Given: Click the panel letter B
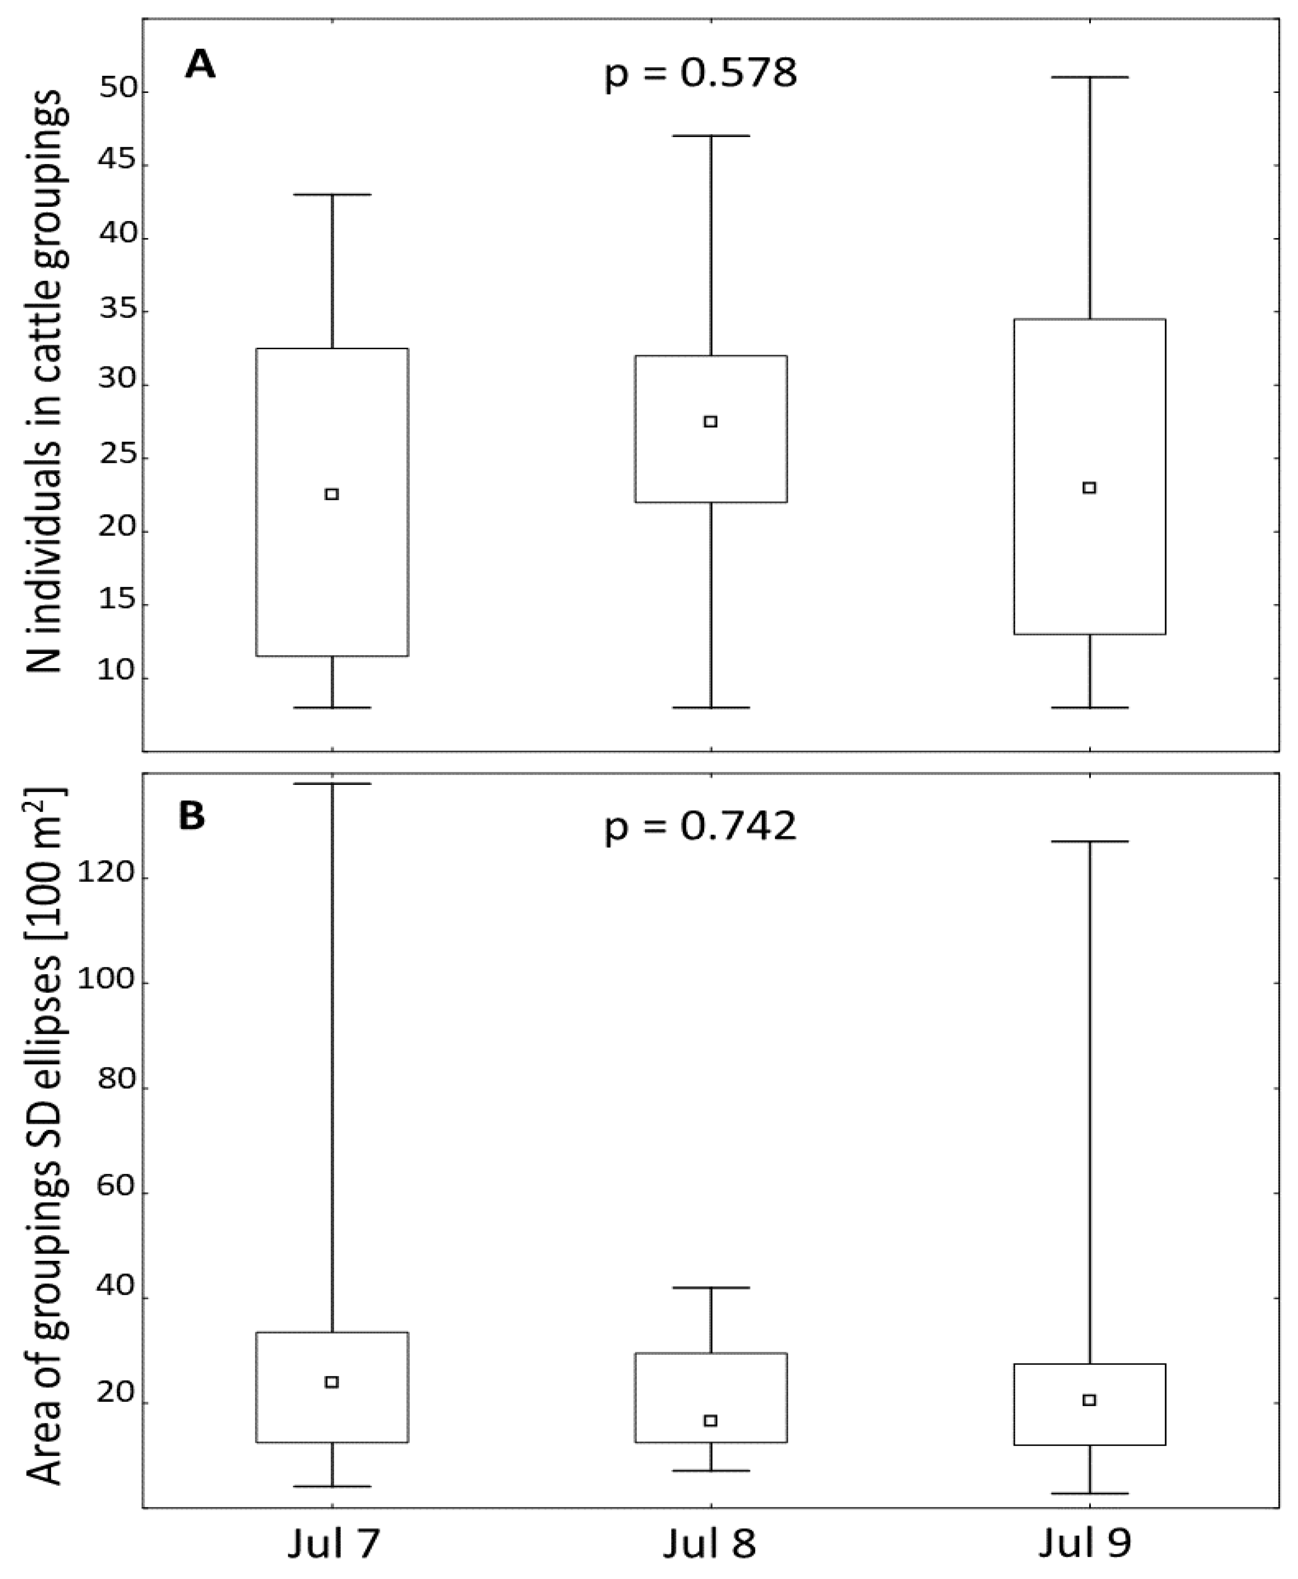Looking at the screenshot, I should pyautogui.click(x=192, y=816).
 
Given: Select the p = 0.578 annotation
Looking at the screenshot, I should pyautogui.click(x=700, y=75).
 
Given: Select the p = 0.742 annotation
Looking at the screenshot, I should pyautogui.click(x=700, y=828).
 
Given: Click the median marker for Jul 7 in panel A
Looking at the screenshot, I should pyautogui.click(x=332, y=494).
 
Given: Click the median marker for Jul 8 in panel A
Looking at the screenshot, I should pyautogui.click(x=711, y=422).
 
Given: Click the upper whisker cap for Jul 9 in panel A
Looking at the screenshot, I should pyautogui.click(x=1089, y=77).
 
